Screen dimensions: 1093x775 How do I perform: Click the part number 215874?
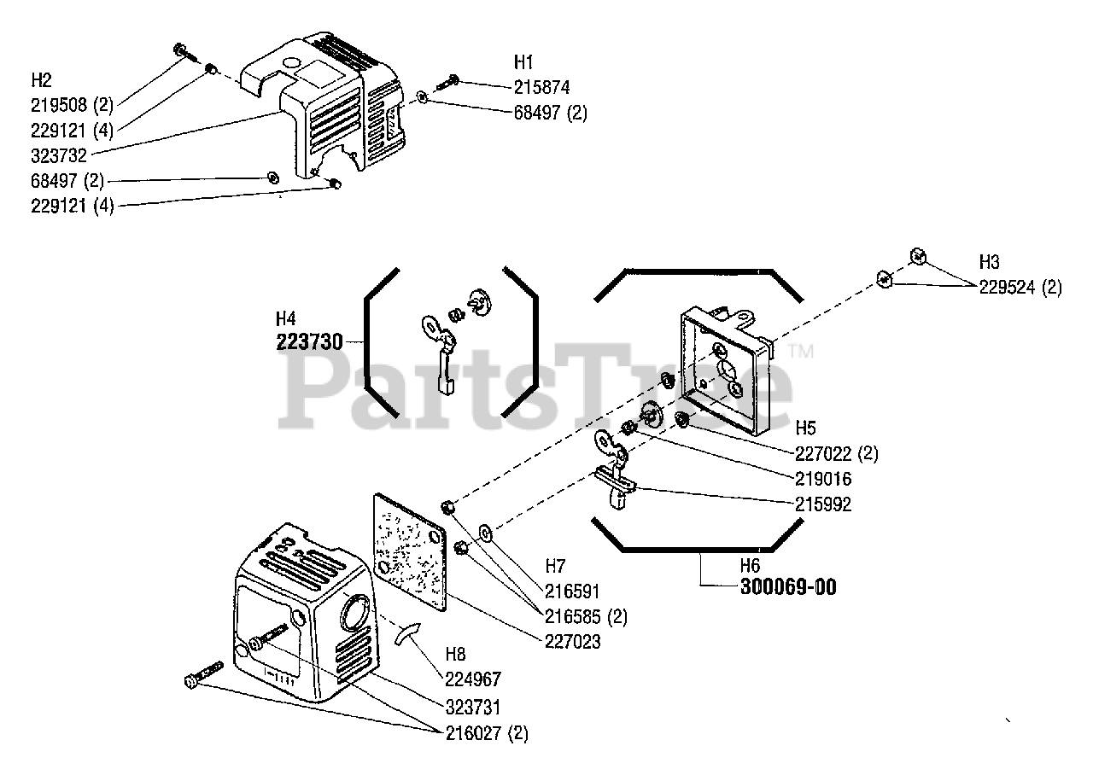point(541,88)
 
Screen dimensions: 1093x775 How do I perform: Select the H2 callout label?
point(42,80)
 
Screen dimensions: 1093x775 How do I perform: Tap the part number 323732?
point(59,156)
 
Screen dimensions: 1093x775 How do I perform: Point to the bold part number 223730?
point(309,342)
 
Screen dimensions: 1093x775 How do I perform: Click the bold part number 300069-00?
point(788,586)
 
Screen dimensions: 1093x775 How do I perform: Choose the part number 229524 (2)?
point(1020,288)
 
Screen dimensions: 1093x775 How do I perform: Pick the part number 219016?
point(823,479)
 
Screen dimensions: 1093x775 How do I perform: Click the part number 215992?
point(823,504)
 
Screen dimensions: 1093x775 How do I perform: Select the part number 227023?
point(572,642)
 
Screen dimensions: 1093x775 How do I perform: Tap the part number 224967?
point(473,679)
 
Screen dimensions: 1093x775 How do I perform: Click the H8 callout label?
point(455,654)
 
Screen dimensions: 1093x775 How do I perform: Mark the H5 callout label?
point(805,428)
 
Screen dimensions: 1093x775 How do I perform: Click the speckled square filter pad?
point(410,552)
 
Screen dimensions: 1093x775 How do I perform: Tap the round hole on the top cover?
point(292,63)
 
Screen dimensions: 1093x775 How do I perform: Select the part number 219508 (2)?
point(72,105)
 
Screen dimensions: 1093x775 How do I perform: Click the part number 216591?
point(572,591)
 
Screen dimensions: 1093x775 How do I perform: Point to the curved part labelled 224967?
point(408,634)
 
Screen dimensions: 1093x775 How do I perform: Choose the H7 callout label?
point(555,566)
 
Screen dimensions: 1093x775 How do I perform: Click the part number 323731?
point(473,708)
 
